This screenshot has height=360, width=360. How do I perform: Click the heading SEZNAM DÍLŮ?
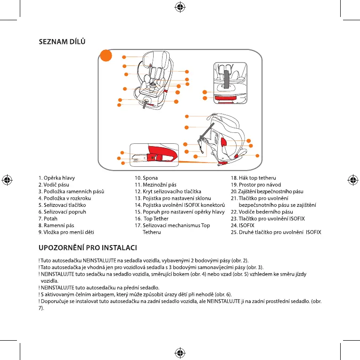click(x=62, y=42)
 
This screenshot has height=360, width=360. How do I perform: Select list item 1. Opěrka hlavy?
click(x=57, y=178)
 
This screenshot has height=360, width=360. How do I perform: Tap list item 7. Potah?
click(x=48, y=219)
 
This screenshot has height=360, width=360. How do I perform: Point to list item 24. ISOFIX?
click(x=243, y=226)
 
